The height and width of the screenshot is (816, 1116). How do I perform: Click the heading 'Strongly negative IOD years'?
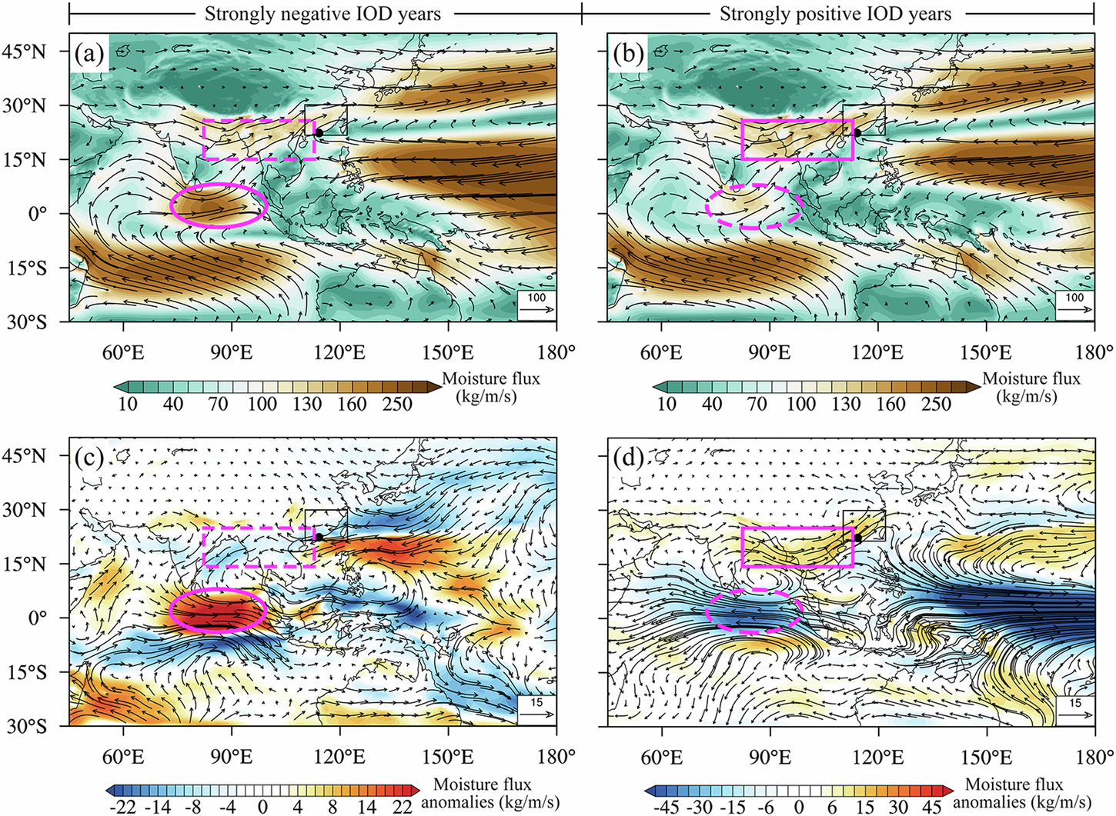(322, 14)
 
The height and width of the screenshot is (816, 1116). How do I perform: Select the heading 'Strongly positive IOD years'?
(835, 14)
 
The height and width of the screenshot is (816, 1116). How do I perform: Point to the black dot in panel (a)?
(319, 133)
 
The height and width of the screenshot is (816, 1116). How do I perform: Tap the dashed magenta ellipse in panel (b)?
(754, 206)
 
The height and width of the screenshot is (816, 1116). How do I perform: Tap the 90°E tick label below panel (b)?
(769, 352)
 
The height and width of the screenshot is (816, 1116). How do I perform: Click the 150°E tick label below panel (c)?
(447, 757)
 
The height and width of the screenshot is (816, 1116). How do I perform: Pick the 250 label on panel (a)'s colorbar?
(397, 404)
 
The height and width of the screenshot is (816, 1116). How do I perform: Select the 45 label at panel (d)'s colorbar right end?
(932, 807)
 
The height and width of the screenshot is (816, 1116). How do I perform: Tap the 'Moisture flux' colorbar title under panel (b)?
(1031, 379)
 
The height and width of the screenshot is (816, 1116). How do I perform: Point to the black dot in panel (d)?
(857, 538)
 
